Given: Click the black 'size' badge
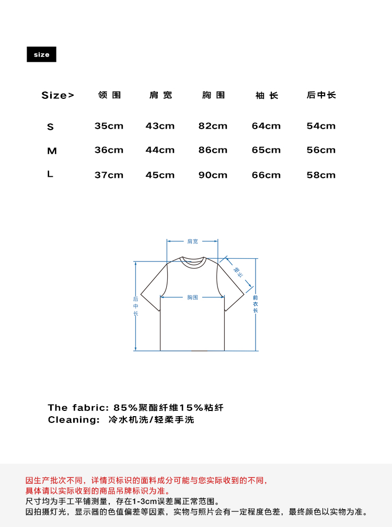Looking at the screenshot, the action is point(41,54).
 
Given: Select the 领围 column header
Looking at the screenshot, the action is point(109,95).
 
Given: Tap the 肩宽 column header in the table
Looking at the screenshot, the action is point(160,95).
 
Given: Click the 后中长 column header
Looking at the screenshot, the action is point(321,95).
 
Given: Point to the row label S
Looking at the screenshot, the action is point(50,127).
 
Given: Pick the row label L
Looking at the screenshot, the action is point(50,175).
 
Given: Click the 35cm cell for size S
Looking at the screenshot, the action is point(109,126).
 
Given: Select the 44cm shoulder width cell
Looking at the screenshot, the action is point(160,150).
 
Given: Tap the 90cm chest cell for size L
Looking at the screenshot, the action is point(213,175).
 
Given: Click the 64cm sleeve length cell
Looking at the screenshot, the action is point(266,126).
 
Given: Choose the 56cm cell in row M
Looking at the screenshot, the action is point(321,150).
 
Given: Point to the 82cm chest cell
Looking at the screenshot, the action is point(213,126).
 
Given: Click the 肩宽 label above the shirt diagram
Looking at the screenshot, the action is point(192,242).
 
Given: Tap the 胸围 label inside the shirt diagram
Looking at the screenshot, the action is point(192,297).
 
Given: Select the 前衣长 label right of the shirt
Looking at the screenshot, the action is point(256,304).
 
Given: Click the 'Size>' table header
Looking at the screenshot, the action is point(58,95).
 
